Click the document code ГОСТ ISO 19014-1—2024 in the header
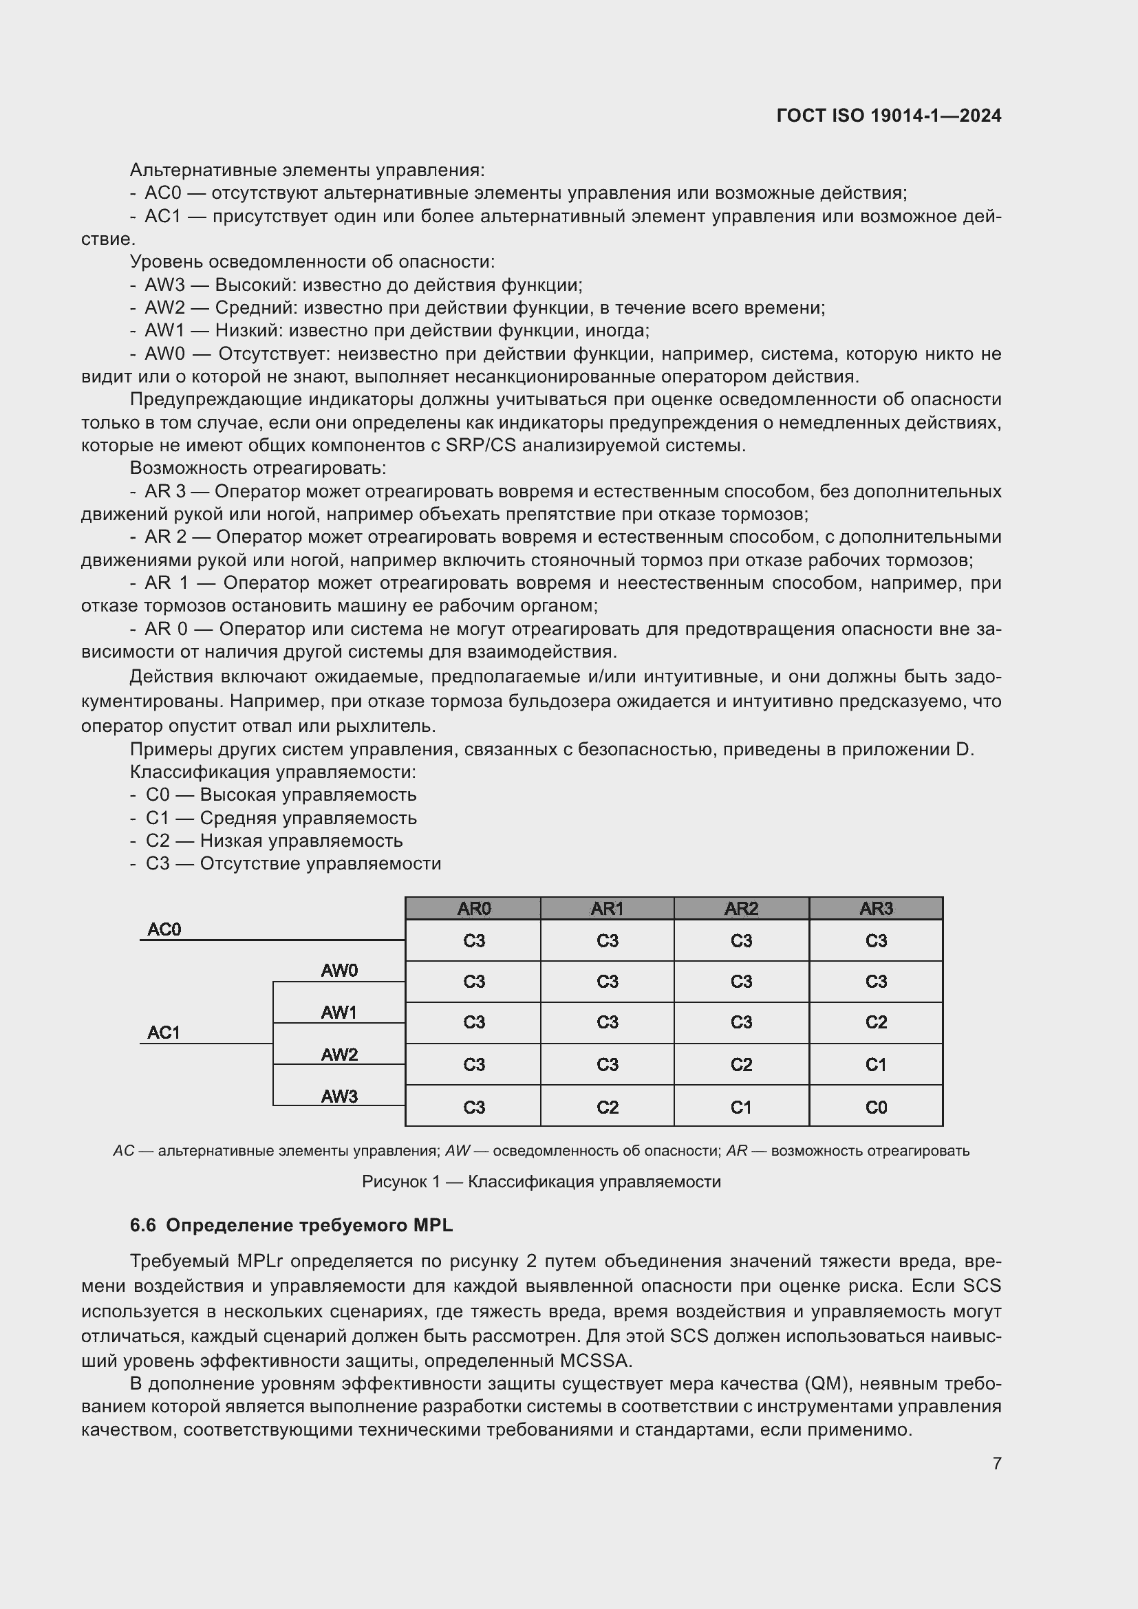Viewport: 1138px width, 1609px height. click(888, 116)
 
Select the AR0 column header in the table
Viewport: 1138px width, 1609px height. click(473, 908)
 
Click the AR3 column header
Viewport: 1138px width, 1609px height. click(876, 908)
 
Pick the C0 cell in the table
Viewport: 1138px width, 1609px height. click(876, 1108)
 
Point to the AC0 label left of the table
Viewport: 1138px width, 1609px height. click(164, 929)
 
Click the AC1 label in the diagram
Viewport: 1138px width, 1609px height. click(164, 1033)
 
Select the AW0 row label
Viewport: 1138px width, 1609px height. click(339, 971)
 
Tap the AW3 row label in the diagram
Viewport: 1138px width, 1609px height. click(339, 1096)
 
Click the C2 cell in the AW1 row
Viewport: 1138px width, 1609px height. click(876, 1022)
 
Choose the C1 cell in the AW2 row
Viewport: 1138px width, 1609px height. click(876, 1064)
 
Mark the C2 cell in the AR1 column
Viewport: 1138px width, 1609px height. click(607, 1108)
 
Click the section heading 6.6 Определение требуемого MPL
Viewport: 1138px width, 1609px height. click(292, 1225)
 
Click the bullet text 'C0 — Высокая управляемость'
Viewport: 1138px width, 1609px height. click(281, 795)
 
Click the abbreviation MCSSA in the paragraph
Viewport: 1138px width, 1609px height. click(595, 1360)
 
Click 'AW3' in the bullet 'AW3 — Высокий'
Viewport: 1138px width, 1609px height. click(164, 285)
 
